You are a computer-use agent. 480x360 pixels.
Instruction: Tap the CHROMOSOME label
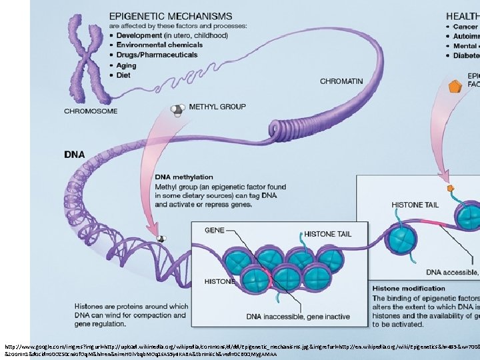pos(91,111)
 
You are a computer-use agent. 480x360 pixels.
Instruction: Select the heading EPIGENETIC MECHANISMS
pos(171,15)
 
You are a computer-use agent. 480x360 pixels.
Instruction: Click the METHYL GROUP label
pos(217,106)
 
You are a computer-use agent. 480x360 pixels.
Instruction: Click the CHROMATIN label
pos(341,81)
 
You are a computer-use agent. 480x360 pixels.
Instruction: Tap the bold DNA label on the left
pos(74,155)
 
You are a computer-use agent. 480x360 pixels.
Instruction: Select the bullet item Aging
pos(125,65)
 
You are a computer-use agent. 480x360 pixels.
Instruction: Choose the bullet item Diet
pos(123,75)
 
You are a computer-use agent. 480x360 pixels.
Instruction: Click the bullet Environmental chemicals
pos(159,45)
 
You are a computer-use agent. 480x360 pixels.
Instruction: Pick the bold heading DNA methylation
pos(184,177)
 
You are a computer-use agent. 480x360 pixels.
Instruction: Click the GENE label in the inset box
pos(214,230)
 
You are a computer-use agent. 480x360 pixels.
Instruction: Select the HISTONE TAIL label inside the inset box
pos(329,234)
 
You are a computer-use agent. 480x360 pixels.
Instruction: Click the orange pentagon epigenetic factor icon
pos(437,86)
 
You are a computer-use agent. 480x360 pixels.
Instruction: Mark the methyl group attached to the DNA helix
pos(160,238)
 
